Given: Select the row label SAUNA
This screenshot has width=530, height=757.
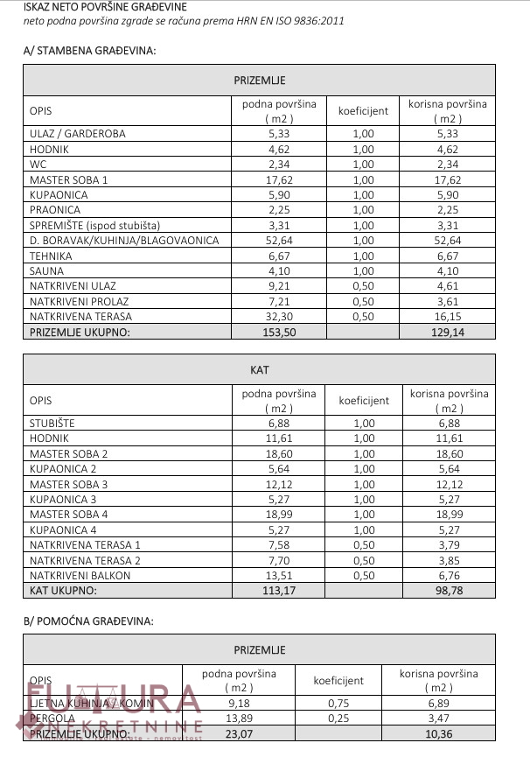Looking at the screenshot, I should pyautogui.click(x=48, y=270).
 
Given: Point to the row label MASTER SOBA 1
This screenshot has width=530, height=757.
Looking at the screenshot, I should pyautogui.click(x=69, y=179).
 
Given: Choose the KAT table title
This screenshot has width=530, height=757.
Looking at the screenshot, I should pyautogui.click(x=259, y=370).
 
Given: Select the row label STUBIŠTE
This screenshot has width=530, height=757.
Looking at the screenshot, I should pyautogui.click(x=52, y=424).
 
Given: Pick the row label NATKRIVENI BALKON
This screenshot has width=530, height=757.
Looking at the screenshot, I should pyautogui.click(x=80, y=576).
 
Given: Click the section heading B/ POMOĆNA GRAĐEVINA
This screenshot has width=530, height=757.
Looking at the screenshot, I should pyautogui.click(x=88, y=620).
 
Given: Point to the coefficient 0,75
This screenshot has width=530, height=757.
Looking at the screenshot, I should pyautogui.click(x=338, y=703).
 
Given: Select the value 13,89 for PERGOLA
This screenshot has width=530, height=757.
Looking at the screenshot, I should pyautogui.click(x=239, y=718).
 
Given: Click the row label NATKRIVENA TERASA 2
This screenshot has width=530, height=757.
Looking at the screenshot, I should pyautogui.click(x=85, y=560).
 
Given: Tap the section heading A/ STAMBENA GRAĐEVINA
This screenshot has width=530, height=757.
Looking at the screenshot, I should pyautogui.click(x=89, y=51).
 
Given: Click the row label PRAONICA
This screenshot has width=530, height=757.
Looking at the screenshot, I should pyautogui.click(x=55, y=210).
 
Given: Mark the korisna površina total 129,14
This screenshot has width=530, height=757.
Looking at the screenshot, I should pyautogui.click(x=447, y=332).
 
